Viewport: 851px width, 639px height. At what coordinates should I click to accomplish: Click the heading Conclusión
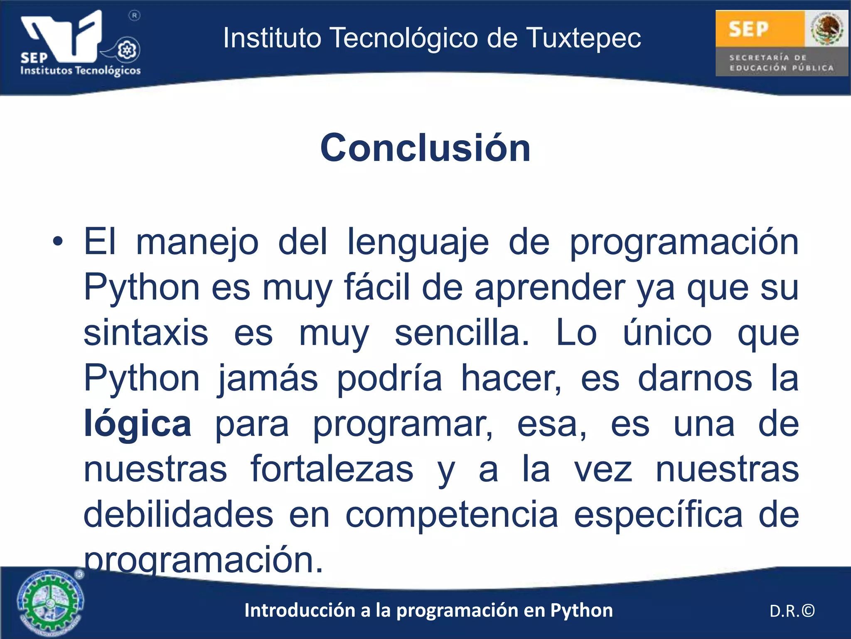click(425, 148)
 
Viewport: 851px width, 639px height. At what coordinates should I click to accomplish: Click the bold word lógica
click(137, 424)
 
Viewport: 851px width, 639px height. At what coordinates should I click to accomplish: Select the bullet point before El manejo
click(58, 242)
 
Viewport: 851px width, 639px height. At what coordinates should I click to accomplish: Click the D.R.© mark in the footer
click(792, 611)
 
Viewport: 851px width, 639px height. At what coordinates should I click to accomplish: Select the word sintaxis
click(146, 333)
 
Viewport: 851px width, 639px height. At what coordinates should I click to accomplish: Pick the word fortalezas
click(332, 469)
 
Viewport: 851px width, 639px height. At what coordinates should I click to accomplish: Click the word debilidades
click(178, 515)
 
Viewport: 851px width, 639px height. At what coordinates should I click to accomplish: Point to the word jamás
click(268, 379)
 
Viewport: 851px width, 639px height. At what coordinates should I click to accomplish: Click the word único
click(667, 333)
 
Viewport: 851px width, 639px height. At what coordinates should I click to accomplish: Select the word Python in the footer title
click(581, 611)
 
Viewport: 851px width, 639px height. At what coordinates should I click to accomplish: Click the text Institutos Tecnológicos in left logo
click(81, 70)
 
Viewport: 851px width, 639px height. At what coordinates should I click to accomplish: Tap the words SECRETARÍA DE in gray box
click(767, 57)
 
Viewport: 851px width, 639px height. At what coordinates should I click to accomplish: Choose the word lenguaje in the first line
click(418, 243)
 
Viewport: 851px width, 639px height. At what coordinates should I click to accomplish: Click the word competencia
click(452, 515)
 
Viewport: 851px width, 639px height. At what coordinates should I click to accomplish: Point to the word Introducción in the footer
click(300, 611)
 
